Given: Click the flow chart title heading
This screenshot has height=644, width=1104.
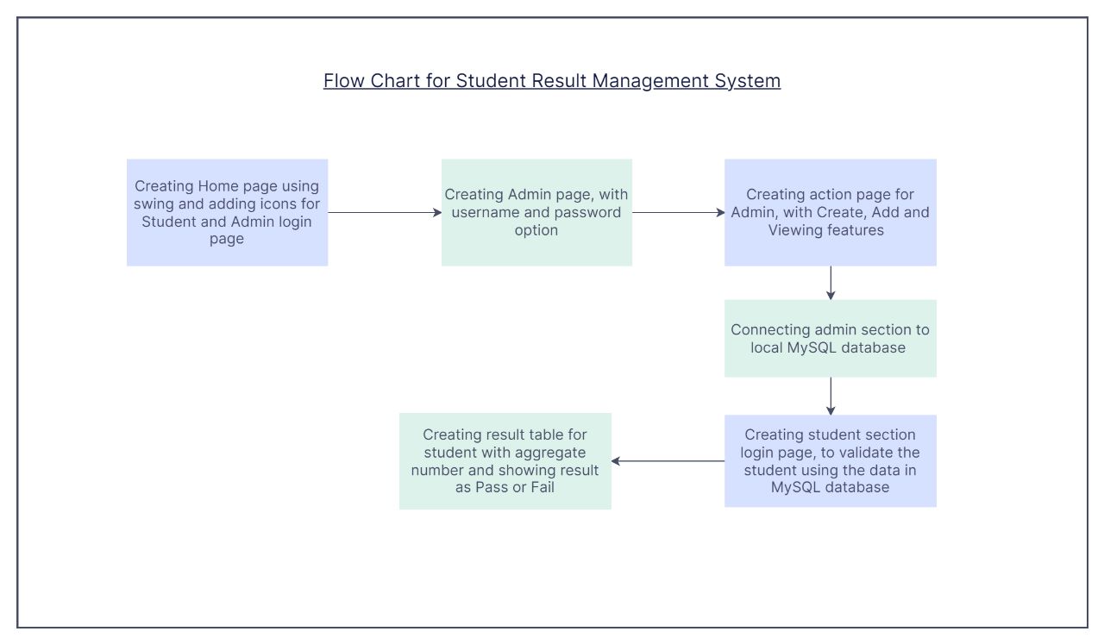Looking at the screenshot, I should point(552,81).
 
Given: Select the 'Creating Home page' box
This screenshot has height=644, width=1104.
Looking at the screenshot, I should point(227,212).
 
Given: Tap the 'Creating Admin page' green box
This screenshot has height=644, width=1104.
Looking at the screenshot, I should point(536,212).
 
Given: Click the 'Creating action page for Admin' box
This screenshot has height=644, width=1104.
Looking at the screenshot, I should point(830,212).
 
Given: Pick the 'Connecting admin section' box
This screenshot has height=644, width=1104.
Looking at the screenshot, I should point(830,338).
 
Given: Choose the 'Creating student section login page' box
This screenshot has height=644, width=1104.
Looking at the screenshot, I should point(830,460).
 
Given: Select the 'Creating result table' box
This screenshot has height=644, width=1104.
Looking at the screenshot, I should point(505,460).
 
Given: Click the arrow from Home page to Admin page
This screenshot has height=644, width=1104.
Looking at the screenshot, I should point(385,212).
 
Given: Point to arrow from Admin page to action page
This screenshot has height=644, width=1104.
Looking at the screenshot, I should point(678,212).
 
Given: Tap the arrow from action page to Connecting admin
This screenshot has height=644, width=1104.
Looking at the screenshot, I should point(831,283).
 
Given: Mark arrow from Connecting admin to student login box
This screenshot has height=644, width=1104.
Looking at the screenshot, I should point(831,396).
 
